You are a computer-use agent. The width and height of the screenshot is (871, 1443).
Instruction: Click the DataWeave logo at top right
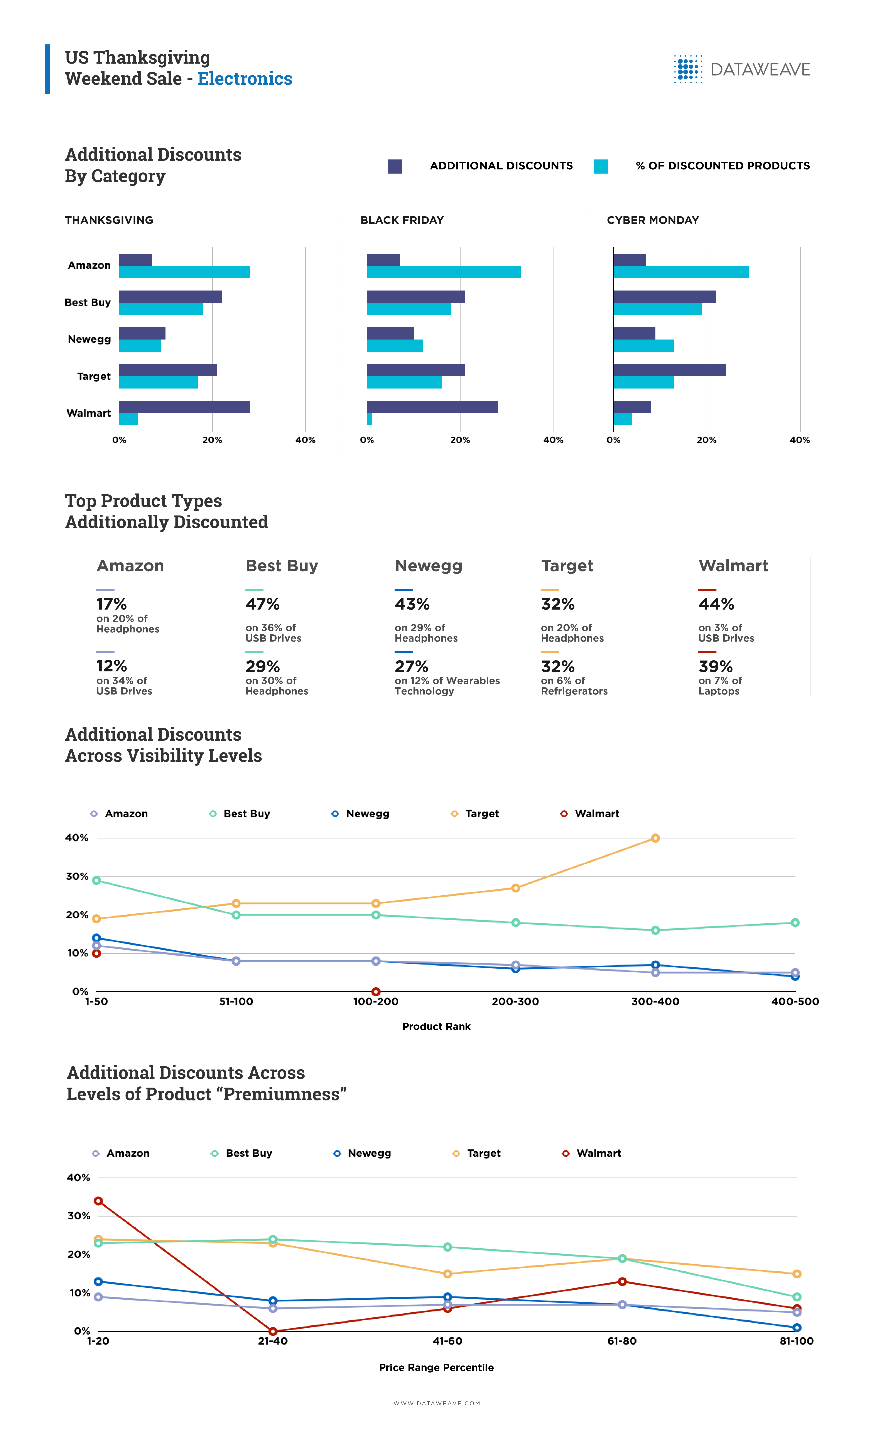(742, 69)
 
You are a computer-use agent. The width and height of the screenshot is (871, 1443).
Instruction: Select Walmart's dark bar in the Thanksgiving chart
(184, 406)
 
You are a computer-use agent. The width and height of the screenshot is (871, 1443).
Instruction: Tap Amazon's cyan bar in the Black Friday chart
(443, 272)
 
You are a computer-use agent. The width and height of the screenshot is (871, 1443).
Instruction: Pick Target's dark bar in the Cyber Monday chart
(670, 370)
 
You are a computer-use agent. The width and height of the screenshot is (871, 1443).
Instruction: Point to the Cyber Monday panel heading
(653, 220)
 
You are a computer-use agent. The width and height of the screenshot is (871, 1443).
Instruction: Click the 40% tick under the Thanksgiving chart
(305, 440)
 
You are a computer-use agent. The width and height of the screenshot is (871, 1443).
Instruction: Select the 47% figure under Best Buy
(262, 604)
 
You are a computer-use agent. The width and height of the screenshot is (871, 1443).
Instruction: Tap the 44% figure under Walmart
(716, 604)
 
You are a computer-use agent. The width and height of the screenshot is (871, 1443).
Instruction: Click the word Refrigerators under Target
(574, 691)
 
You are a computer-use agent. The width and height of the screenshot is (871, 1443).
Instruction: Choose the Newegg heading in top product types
(428, 566)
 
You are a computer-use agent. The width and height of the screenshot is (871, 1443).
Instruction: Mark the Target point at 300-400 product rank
(655, 838)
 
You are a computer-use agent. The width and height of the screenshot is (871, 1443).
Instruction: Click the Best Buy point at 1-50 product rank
(97, 880)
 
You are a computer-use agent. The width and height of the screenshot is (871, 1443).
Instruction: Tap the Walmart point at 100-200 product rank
(376, 992)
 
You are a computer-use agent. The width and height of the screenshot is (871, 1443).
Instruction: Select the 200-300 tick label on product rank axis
(515, 1001)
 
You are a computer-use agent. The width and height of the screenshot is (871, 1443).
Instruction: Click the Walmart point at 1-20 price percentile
(98, 1201)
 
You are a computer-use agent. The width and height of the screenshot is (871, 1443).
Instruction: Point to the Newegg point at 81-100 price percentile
(797, 1328)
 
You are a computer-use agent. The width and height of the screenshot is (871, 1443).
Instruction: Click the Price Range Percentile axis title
(436, 1367)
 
